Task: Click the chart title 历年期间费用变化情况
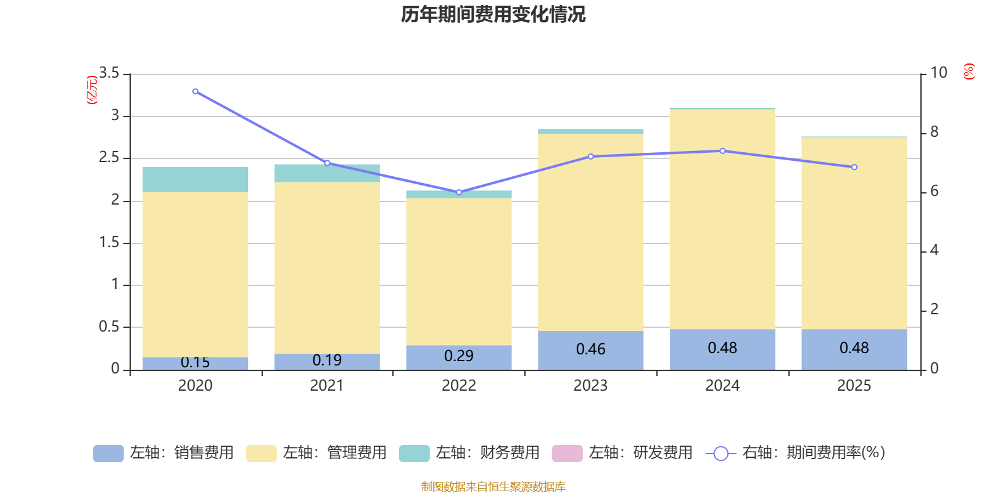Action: [x=493, y=15]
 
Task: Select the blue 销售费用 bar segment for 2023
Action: [x=590, y=351]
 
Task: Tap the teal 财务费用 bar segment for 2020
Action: [x=195, y=179]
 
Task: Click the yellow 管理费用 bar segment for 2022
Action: [x=459, y=272]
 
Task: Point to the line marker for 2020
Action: [x=195, y=92]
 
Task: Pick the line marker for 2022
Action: [x=459, y=192]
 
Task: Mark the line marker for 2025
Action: [x=854, y=167]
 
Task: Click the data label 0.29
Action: [x=459, y=356]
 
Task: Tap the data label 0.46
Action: [x=590, y=349]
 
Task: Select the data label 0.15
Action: [x=195, y=362]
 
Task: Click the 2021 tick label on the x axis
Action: [x=326, y=386]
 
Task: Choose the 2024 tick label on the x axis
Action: [x=722, y=386]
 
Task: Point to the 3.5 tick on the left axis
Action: [x=109, y=73]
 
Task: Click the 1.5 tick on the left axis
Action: [x=109, y=242]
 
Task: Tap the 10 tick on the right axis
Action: [x=938, y=73]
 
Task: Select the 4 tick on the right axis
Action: [x=934, y=250]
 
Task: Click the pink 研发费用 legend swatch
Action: [x=567, y=454]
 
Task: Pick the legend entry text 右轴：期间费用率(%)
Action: [x=814, y=452]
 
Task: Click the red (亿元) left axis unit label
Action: [x=92, y=90]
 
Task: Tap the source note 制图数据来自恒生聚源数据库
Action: [x=493, y=486]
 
